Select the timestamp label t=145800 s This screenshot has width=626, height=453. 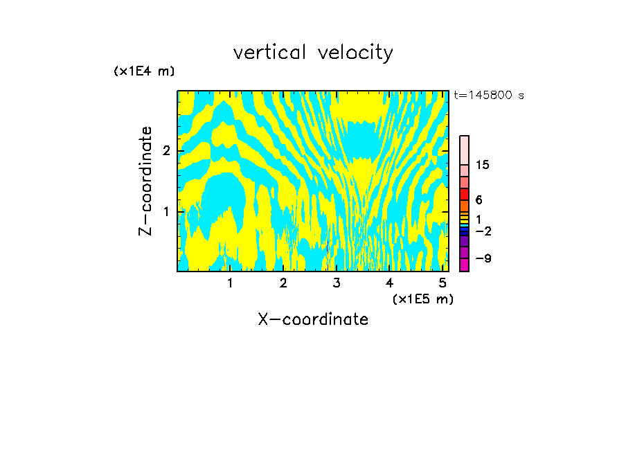(489, 96)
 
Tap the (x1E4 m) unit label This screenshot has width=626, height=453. (144, 71)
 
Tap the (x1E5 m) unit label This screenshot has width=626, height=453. (422, 299)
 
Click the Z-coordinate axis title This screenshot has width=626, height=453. (145, 181)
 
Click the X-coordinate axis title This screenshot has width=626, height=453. (313, 319)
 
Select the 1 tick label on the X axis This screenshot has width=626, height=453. (230, 283)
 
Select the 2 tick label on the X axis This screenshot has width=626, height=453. (283, 283)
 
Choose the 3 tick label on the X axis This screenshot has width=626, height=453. (337, 283)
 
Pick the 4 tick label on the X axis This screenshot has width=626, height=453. (389, 283)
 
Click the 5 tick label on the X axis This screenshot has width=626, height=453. (442, 283)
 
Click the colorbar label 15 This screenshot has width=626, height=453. (483, 165)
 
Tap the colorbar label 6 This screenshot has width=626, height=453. (479, 199)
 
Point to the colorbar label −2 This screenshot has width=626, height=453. (483, 231)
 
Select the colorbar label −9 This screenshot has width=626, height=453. (483, 259)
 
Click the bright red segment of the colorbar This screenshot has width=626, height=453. (464, 194)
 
